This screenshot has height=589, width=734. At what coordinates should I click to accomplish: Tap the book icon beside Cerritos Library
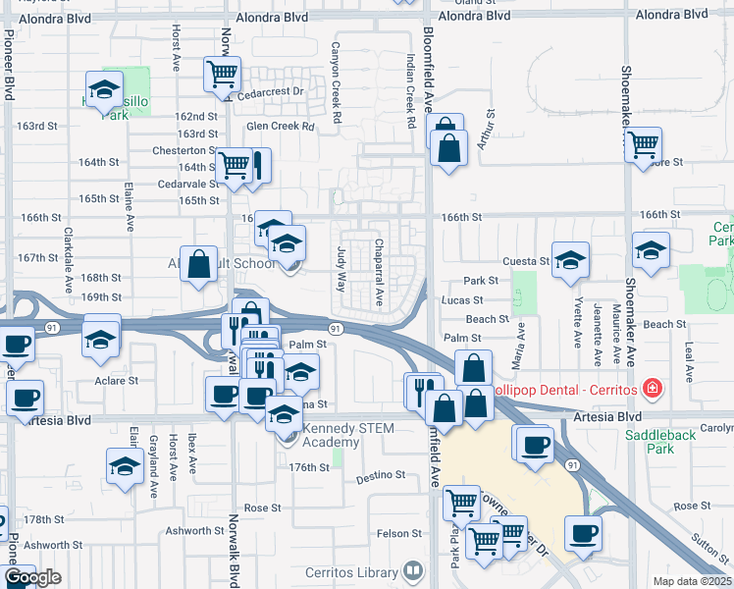(x=413, y=570)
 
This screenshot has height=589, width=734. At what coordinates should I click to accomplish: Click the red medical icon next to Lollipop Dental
(x=649, y=390)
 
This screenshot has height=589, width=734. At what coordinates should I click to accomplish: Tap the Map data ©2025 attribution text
(x=692, y=581)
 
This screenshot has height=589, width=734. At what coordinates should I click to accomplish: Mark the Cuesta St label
(x=526, y=261)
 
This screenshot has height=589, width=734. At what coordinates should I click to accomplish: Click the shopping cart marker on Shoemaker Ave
(x=643, y=144)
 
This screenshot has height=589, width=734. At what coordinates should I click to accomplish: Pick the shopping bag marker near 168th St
(x=199, y=263)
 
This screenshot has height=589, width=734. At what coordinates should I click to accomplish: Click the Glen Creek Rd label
(x=281, y=127)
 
